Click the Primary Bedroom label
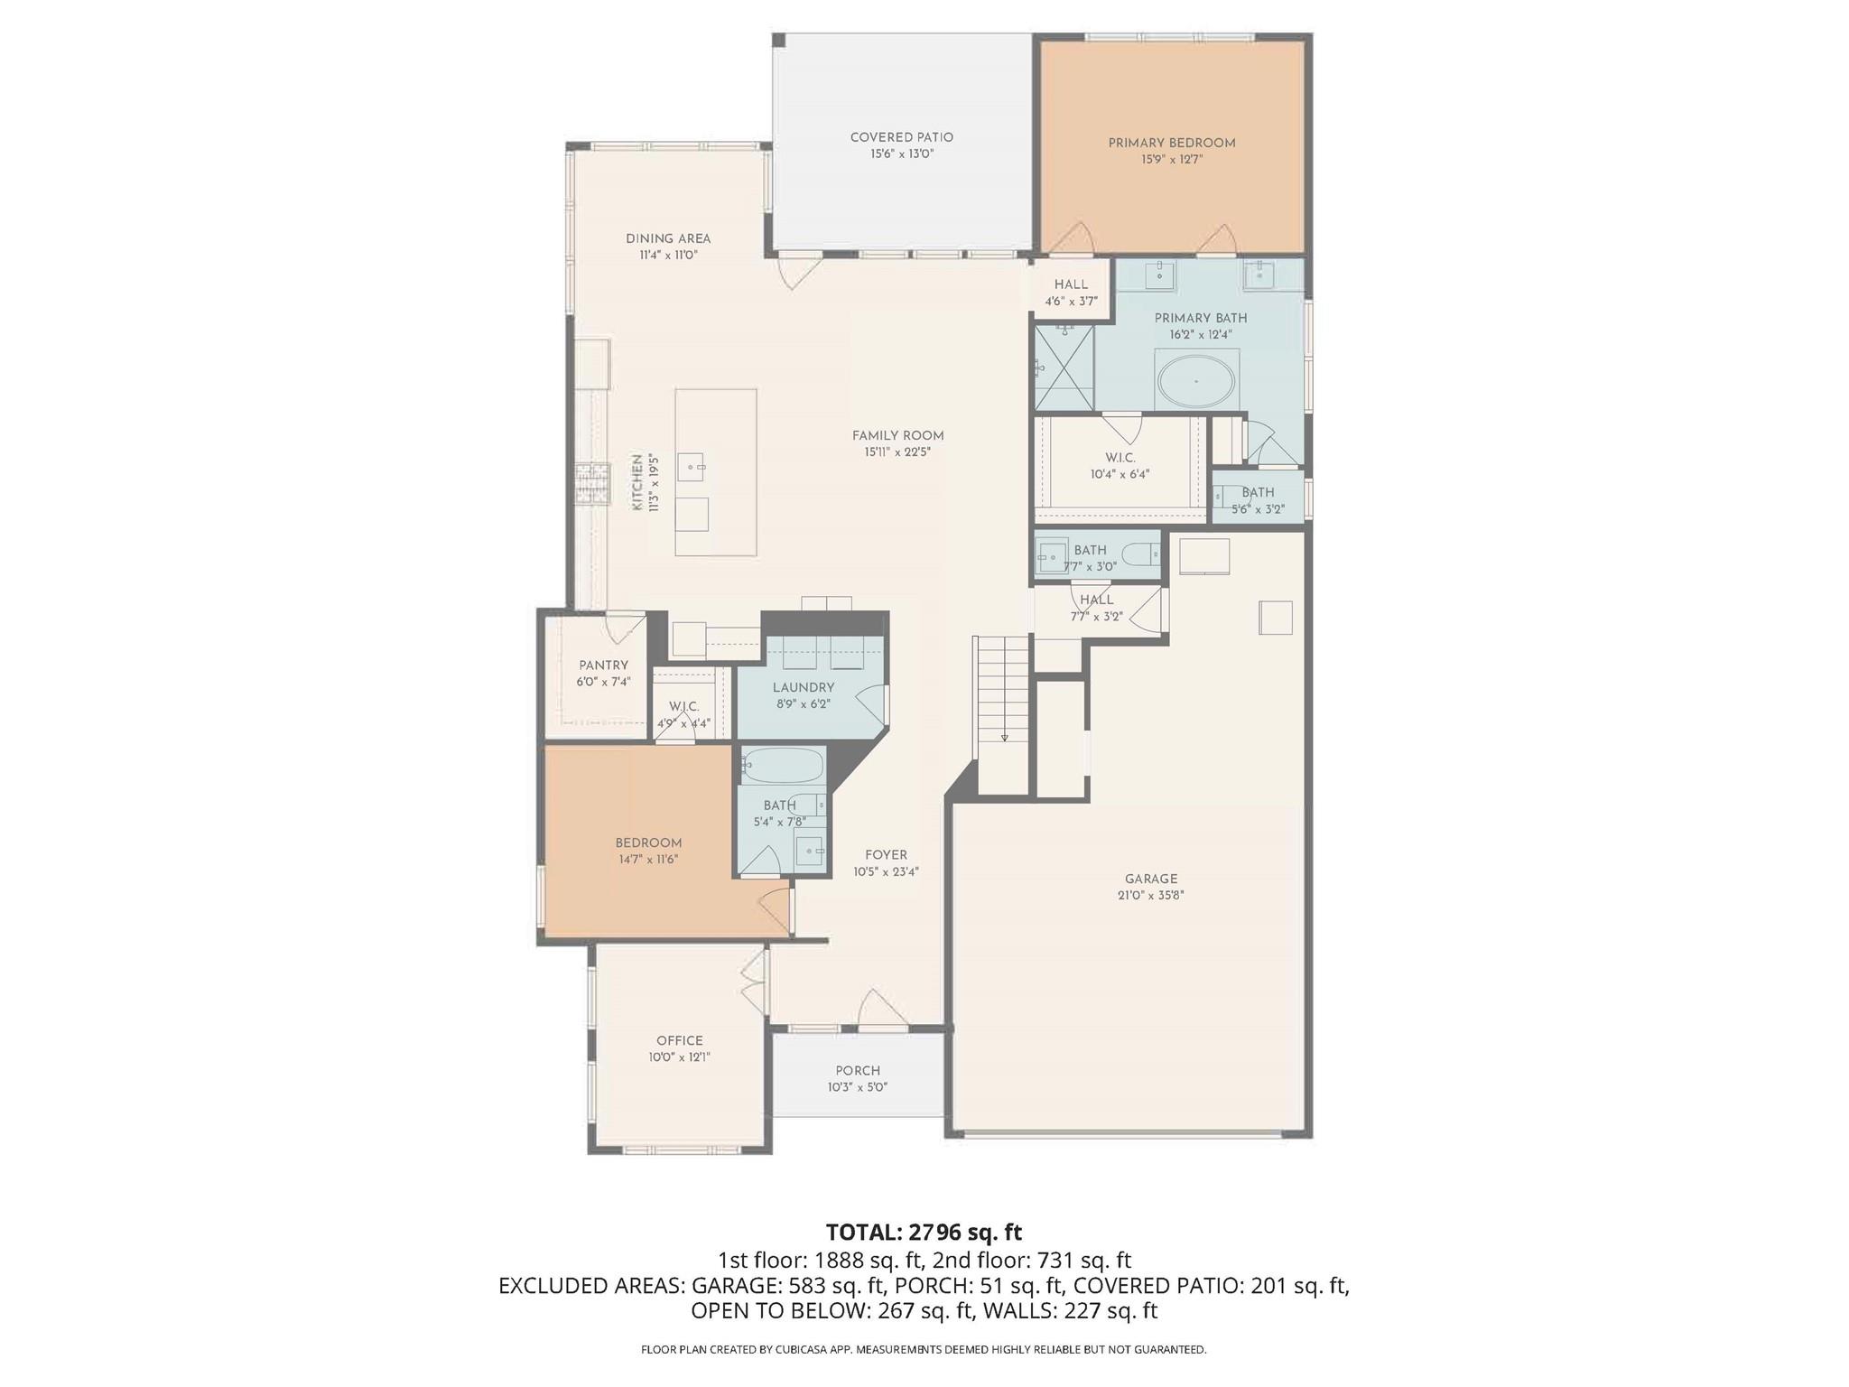tap(1171, 143)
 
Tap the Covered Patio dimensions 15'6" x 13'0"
tap(901, 154)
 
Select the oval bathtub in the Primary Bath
tap(1196, 382)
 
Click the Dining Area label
tap(668, 238)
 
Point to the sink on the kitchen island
tap(695, 467)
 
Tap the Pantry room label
tap(603, 666)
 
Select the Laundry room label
tap(803, 687)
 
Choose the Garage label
tap(1150, 879)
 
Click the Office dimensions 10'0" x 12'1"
tap(679, 1057)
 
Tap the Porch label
tap(857, 1071)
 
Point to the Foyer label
tap(886, 855)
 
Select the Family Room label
tap(897, 435)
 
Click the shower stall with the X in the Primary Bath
tap(1064, 368)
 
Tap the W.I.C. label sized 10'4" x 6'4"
tap(1120, 458)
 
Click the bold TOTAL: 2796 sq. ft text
tap(924, 1232)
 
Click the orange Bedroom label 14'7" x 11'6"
tap(648, 842)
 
